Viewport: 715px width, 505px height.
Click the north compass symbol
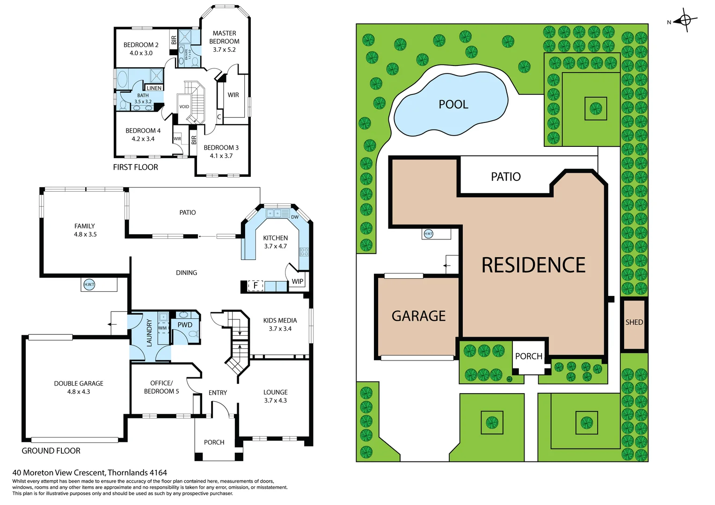(x=685, y=20)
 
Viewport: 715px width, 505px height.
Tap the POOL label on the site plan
(x=453, y=104)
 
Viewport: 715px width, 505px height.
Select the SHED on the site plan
(x=634, y=322)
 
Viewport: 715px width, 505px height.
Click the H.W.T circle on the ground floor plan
(x=89, y=284)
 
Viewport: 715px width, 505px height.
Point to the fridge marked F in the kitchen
(x=255, y=285)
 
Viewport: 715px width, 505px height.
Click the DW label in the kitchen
(x=295, y=217)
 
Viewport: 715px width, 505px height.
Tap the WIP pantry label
(x=298, y=281)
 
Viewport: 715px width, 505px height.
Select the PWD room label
(x=185, y=325)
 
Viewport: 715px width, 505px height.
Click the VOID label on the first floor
(x=184, y=107)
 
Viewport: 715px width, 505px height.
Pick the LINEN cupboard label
(x=154, y=88)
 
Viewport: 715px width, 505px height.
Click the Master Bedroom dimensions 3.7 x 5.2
(x=224, y=50)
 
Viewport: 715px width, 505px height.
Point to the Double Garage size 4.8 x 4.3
(x=79, y=392)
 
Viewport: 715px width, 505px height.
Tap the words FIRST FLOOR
(x=135, y=167)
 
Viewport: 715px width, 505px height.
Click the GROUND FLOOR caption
(x=51, y=451)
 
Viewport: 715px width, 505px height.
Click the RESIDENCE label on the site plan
(x=533, y=265)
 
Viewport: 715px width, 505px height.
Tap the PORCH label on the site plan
(x=529, y=356)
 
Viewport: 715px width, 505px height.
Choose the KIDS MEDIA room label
(x=280, y=320)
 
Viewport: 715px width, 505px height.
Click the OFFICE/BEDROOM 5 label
(x=161, y=387)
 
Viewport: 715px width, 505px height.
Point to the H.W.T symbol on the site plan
(x=428, y=233)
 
